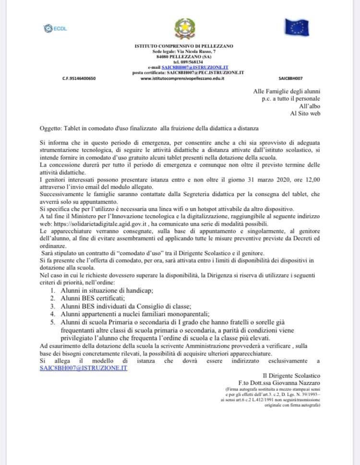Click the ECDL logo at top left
tap(55, 28)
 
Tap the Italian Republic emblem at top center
tap(181, 29)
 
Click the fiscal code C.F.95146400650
tap(79, 77)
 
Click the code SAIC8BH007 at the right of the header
tap(290, 77)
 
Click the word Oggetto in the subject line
tap(51, 128)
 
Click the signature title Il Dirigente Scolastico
tap(291, 375)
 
